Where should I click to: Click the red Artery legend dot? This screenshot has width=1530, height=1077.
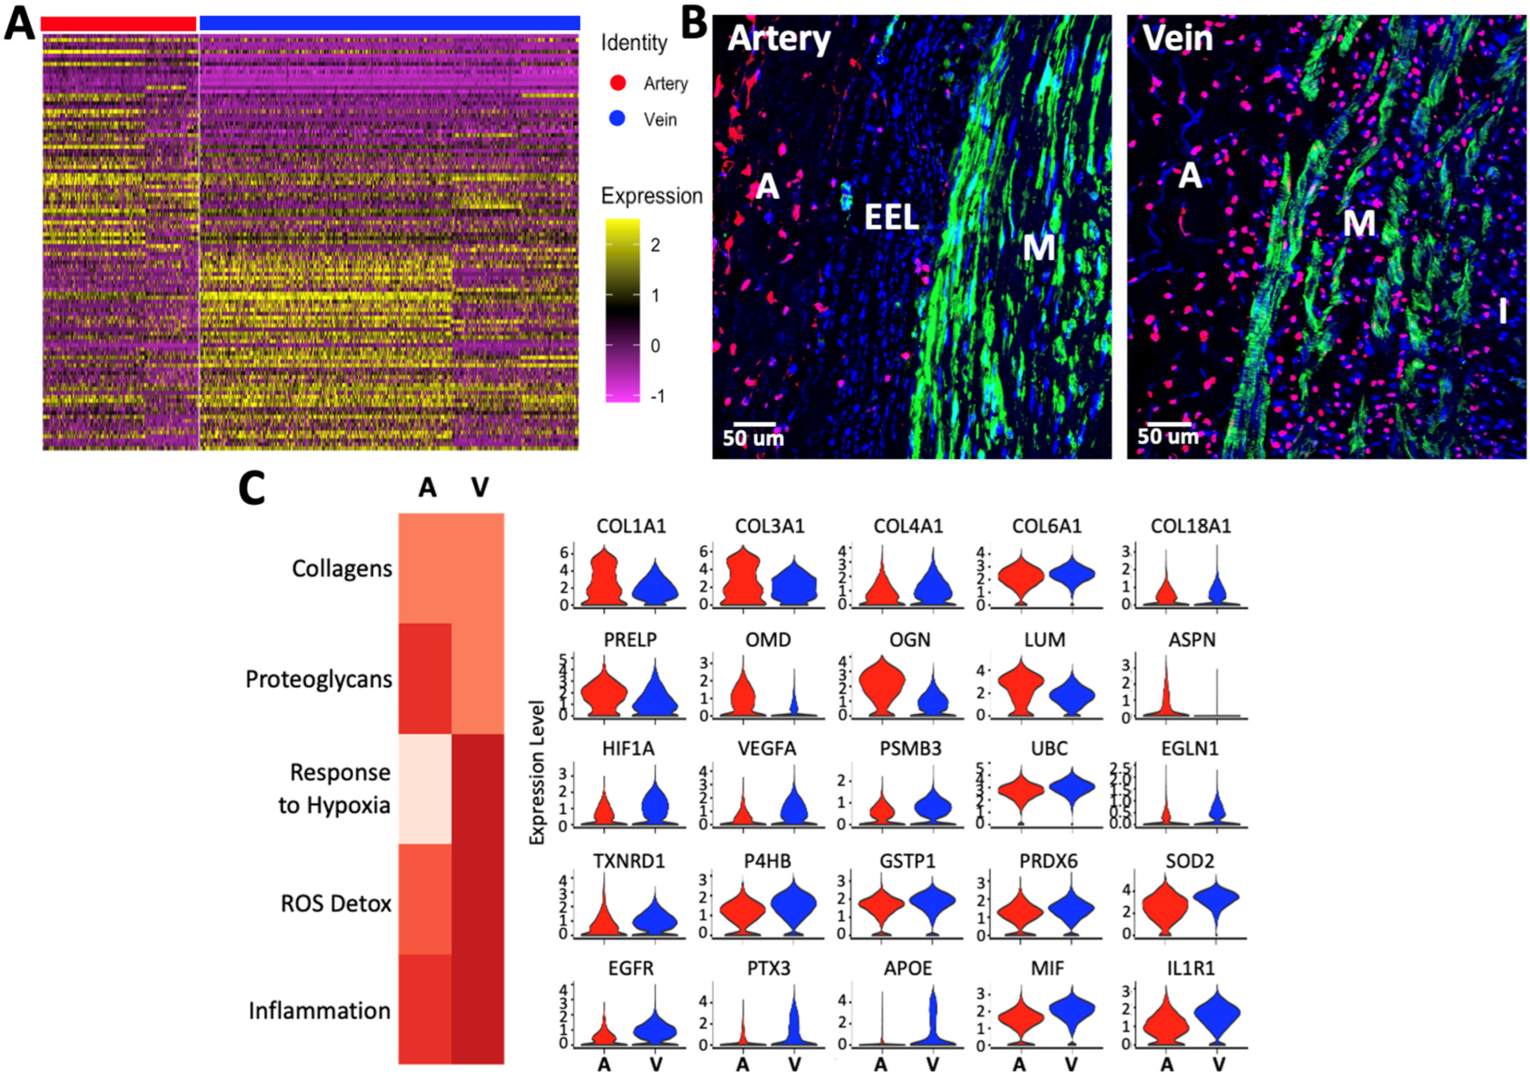tap(618, 83)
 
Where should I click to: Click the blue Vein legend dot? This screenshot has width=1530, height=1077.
tap(618, 119)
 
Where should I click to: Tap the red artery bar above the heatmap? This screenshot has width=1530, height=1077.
tap(119, 23)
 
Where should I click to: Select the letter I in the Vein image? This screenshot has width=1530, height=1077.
tap(1503, 311)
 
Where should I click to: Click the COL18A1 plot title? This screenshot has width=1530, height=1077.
tap(1191, 526)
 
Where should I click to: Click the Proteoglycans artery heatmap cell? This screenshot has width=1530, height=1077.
tap(425, 678)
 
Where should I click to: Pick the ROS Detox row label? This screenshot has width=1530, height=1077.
tap(336, 904)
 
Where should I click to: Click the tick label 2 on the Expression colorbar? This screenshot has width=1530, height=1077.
tap(655, 245)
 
